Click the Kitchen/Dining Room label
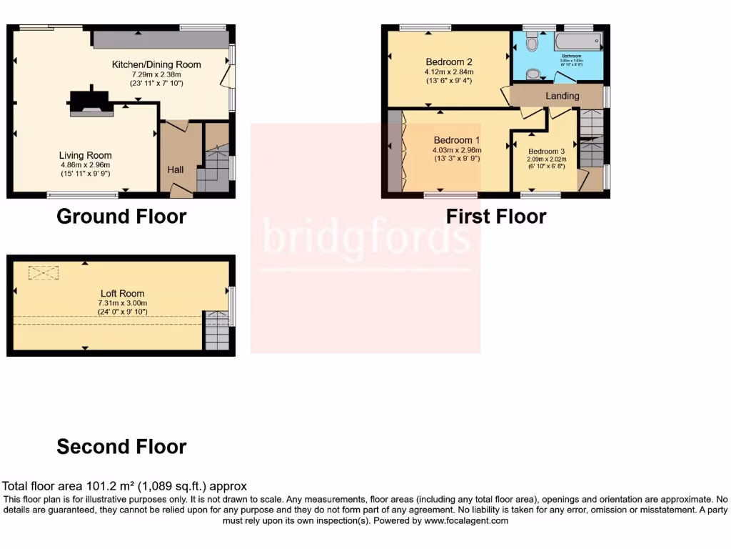pyautogui.click(x=156, y=64)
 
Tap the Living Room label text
pyautogui.click(x=85, y=155)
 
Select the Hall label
pyautogui.click(x=176, y=170)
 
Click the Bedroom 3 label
pyautogui.click(x=547, y=152)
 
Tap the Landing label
pyautogui.click(x=563, y=96)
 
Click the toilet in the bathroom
pyautogui.click(x=531, y=44)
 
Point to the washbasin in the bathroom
pyautogui.click(x=533, y=74)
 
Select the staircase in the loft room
pyautogui.click(x=217, y=330)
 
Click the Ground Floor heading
pyautogui.click(x=121, y=216)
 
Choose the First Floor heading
pyautogui.click(x=496, y=216)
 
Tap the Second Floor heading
pyautogui.click(x=121, y=447)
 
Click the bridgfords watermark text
pyautogui.click(x=366, y=237)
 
